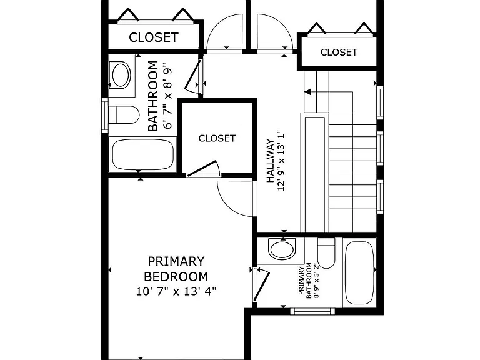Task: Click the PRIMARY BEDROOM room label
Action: (x=176, y=269)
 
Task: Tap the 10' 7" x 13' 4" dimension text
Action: (x=176, y=291)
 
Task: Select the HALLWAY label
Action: (x=270, y=161)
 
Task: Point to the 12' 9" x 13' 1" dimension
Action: (x=281, y=161)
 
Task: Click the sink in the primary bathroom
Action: (x=282, y=248)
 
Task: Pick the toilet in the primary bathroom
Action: (x=326, y=253)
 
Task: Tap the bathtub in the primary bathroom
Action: (x=360, y=272)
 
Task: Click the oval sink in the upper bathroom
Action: (x=121, y=75)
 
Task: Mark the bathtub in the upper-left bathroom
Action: (x=143, y=154)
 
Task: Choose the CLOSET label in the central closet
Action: (x=217, y=138)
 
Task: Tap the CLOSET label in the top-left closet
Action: (x=154, y=37)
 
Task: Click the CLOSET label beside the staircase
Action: (x=339, y=52)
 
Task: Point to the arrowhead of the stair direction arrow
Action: (x=307, y=91)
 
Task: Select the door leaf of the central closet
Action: (x=202, y=168)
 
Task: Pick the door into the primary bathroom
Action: (x=261, y=286)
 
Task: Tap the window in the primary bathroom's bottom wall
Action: (x=312, y=311)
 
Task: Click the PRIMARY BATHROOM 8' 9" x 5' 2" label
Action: (x=309, y=281)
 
